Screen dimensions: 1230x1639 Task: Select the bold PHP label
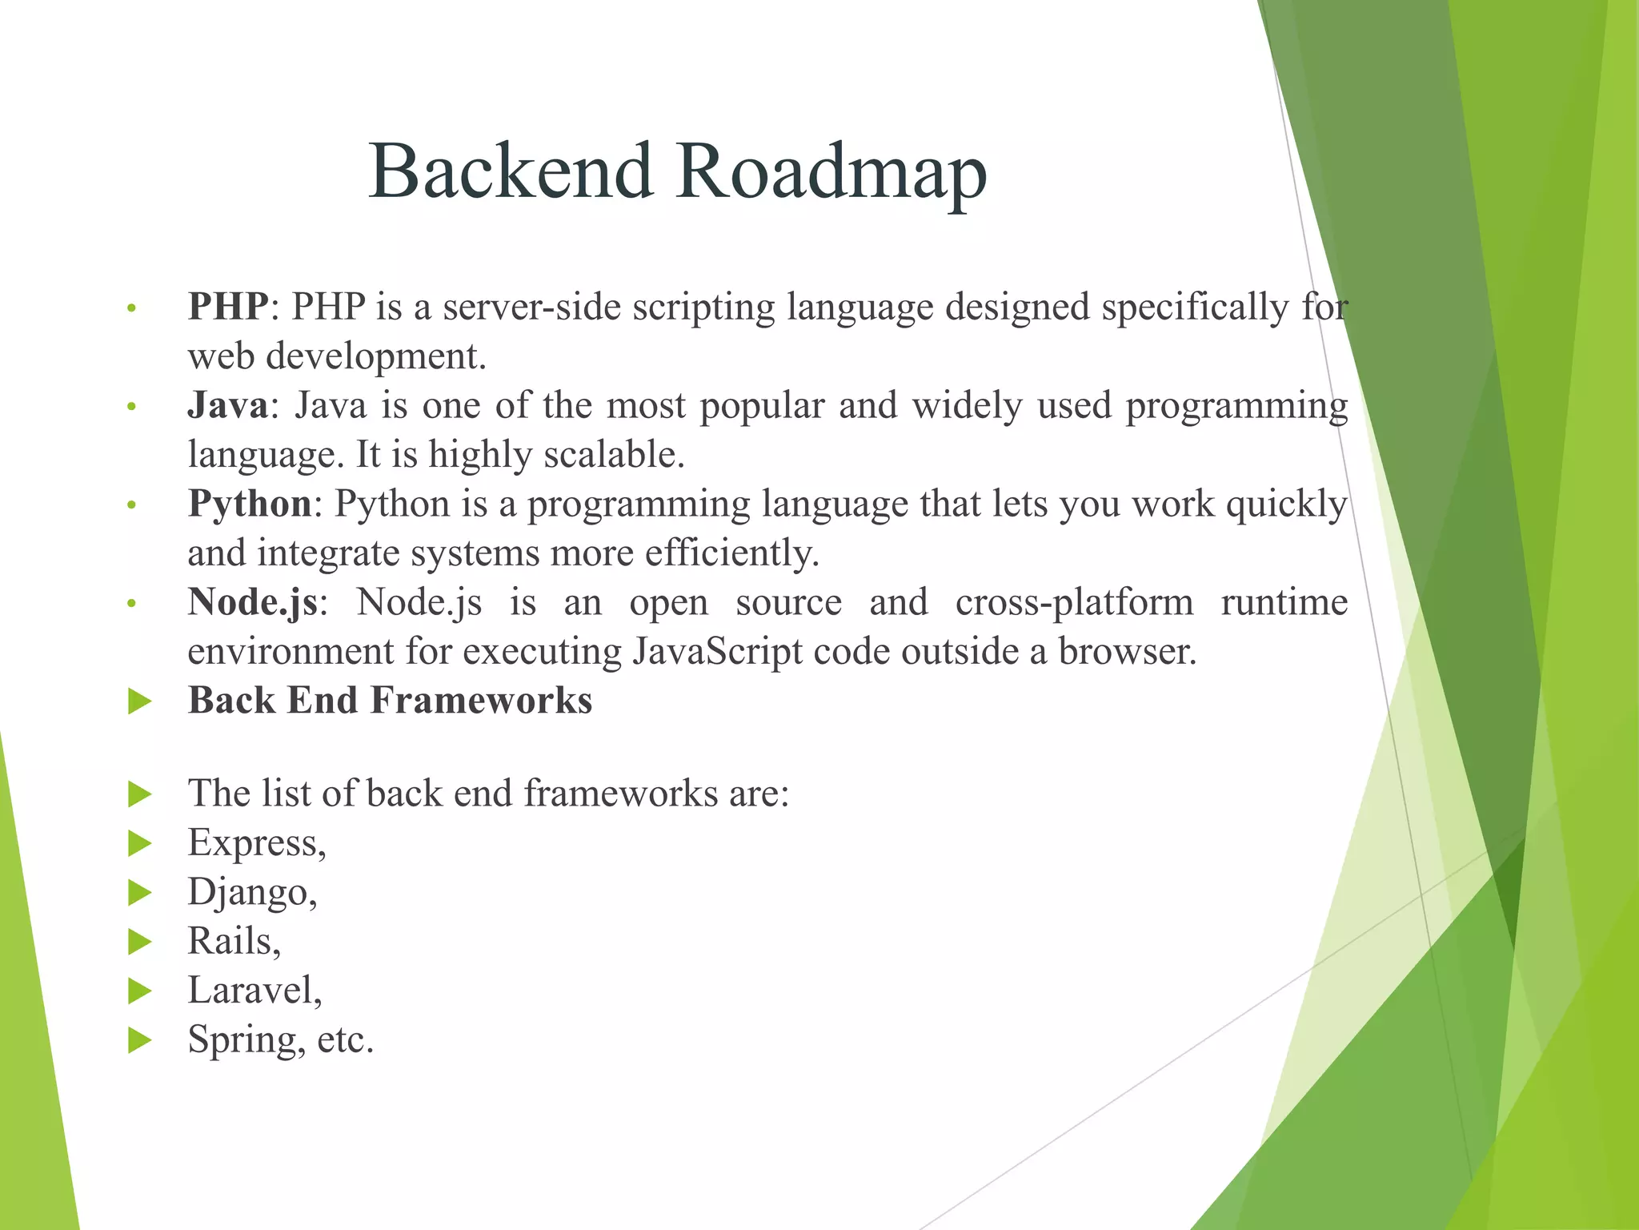(x=227, y=307)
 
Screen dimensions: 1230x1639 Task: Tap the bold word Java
(x=227, y=405)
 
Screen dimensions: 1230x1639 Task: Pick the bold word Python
(x=250, y=504)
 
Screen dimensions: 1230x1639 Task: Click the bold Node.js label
(x=253, y=602)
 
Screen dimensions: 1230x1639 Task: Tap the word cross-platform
(x=1074, y=602)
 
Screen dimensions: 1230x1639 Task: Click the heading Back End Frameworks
(x=390, y=701)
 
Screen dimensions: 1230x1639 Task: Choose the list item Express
(x=256, y=842)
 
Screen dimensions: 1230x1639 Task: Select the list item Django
(x=251, y=892)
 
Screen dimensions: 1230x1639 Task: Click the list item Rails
(x=234, y=941)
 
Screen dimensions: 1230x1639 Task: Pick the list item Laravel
(x=254, y=991)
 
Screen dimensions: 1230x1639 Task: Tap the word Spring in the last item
(x=246, y=1040)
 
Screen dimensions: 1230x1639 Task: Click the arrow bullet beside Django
(x=140, y=892)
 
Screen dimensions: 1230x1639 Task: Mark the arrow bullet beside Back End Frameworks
(x=140, y=702)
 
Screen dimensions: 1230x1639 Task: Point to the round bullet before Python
(x=133, y=506)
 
